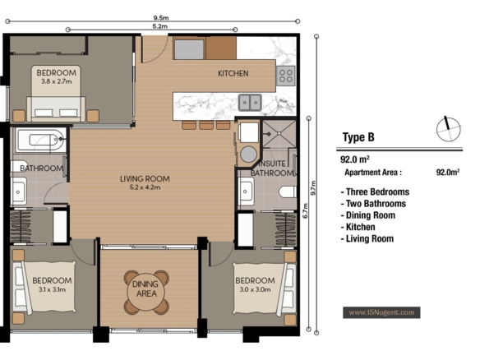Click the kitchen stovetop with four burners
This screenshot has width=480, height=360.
pyautogui.click(x=286, y=76)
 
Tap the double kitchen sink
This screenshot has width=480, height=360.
pyautogui.click(x=250, y=102)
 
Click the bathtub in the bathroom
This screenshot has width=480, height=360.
pyautogui.click(x=40, y=141)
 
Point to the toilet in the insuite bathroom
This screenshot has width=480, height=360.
pyautogui.click(x=288, y=192)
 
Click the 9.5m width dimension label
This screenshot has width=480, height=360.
pyautogui.click(x=161, y=18)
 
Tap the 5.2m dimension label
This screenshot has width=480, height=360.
pyautogui.click(x=159, y=26)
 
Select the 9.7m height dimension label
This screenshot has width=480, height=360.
pyautogui.click(x=313, y=188)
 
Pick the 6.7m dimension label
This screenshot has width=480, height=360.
pyautogui.click(x=305, y=211)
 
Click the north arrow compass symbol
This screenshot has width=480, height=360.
pyautogui.click(x=449, y=129)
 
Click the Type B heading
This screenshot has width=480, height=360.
pyautogui.click(x=358, y=137)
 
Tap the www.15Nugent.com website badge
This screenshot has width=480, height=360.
pyautogui.click(x=381, y=312)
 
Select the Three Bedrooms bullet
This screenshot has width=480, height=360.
pyautogui.click(x=375, y=192)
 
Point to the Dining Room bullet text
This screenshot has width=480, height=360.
pyautogui.click(x=368, y=215)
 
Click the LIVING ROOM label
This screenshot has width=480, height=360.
pyautogui.click(x=145, y=179)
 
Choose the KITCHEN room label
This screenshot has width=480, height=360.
pyautogui.click(x=233, y=73)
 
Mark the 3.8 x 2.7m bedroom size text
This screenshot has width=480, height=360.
pyautogui.click(x=57, y=81)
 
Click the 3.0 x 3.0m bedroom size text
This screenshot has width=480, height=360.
pyautogui.click(x=255, y=289)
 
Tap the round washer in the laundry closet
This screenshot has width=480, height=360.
pyautogui.click(x=248, y=154)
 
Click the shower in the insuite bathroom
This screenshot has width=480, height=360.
pyautogui.click(x=279, y=134)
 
